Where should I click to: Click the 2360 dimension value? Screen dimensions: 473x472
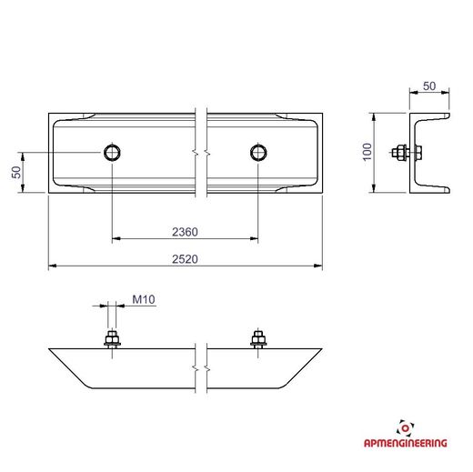[x=185, y=232]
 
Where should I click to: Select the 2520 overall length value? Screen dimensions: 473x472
[x=185, y=259]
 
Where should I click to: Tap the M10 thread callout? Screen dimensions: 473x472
[x=144, y=299]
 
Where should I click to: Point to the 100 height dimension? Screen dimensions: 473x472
[x=367, y=152]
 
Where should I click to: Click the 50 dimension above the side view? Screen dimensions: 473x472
[x=429, y=86]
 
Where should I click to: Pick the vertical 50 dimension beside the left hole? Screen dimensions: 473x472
[x=16, y=172]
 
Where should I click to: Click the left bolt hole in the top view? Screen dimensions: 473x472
[x=112, y=152]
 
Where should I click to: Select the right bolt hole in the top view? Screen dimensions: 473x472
[x=258, y=152]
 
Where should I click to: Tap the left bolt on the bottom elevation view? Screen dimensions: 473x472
[x=112, y=339]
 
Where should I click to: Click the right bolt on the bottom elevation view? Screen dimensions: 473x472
[x=258, y=339]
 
